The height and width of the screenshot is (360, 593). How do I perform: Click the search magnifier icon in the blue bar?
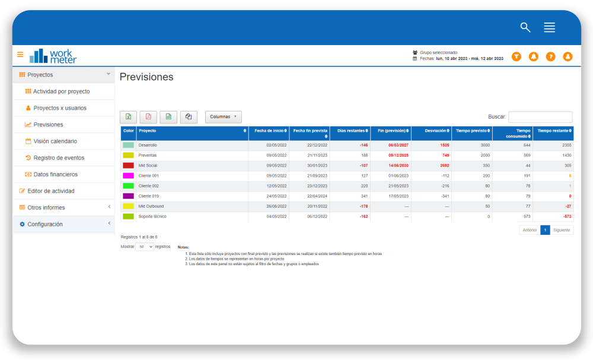tap(525, 27)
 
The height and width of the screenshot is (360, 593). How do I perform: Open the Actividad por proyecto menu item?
tap(61, 91)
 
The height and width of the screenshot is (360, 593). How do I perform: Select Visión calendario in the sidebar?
tap(55, 141)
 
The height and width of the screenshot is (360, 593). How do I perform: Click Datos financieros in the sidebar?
tap(55, 174)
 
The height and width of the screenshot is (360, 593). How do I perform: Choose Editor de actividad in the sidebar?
tap(50, 191)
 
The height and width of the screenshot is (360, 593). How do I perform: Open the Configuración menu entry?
tap(44, 224)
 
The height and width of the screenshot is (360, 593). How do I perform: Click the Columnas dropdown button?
tap(224, 117)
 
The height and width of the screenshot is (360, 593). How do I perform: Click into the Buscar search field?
tap(540, 117)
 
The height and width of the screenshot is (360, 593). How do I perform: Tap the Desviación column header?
tap(431, 130)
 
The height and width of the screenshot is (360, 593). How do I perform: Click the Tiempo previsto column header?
tap(472, 130)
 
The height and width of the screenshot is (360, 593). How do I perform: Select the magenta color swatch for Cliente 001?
tap(128, 176)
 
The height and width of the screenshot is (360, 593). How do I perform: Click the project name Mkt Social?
tap(148, 165)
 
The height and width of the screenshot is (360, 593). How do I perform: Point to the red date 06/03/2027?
tap(398, 145)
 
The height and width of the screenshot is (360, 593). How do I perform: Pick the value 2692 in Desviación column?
tap(445, 165)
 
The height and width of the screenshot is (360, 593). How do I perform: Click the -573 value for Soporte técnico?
tap(566, 216)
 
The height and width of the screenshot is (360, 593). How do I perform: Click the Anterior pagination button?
tap(530, 230)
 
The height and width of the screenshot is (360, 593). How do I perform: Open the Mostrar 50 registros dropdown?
tap(145, 246)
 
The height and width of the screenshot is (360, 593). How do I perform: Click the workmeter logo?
tap(53, 56)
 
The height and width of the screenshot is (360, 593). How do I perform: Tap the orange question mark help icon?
tap(550, 56)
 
